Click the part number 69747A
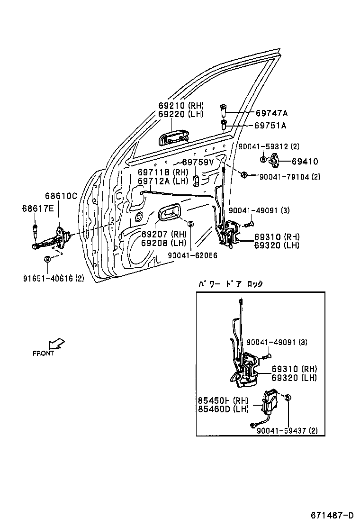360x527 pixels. (271, 113)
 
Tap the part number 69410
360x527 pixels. (305, 162)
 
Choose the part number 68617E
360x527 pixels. (38, 209)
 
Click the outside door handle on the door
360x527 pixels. (173, 138)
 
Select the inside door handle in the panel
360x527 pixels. (168, 213)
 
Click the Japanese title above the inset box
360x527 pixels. (230, 284)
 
